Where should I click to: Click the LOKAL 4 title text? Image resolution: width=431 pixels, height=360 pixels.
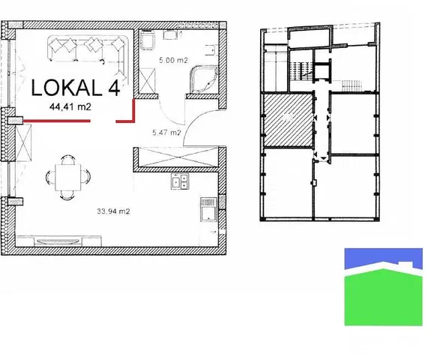coord(75,88)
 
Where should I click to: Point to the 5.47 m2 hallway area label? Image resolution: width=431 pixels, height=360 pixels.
coord(166,133)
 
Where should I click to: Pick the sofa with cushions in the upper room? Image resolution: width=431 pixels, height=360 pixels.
coord(88,48)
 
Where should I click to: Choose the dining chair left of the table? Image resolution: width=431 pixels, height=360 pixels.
coord(50,178)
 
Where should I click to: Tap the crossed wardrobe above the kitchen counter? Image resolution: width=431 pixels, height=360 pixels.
coord(178,159)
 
